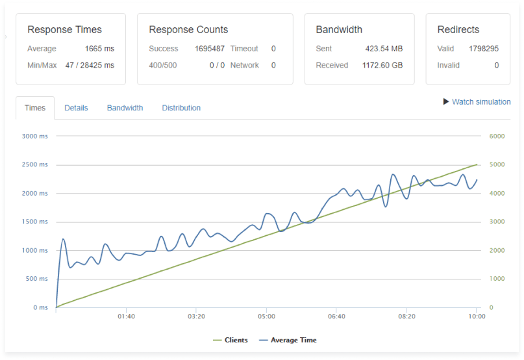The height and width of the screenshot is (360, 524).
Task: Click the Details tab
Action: coord(76,108)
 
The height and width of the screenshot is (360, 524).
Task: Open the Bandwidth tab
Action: coord(125,108)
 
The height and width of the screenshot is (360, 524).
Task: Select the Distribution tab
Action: coord(181,108)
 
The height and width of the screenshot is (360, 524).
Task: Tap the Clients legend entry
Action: coord(235,340)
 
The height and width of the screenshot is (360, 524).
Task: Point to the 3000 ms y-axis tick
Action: coord(35,136)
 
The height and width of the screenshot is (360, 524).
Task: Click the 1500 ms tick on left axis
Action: coord(35,222)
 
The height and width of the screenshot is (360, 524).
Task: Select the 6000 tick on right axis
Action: coord(496,136)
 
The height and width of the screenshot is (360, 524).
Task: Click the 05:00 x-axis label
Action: coord(266,316)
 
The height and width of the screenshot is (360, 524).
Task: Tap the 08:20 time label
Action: coord(406,316)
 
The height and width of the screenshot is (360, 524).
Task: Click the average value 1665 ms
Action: coord(99,49)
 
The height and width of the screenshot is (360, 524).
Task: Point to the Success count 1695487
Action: coord(210,49)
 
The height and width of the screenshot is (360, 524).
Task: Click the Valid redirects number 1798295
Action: coord(484,49)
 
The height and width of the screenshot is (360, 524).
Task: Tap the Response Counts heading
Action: coord(188,30)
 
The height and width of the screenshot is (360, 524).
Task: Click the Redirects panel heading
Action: coord(458,30)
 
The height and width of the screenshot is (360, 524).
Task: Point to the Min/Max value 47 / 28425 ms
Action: coord(90,65)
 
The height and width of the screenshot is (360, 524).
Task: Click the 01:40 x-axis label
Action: coord(126,316)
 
